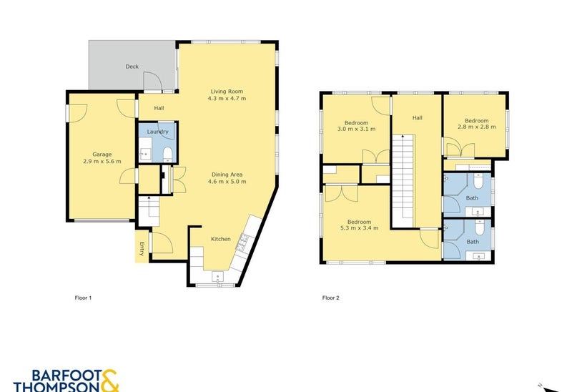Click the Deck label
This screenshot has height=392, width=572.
pyautogui.click(x=132, y=67)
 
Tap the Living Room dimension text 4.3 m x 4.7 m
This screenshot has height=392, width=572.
pyautogui.click(x=227, y=98)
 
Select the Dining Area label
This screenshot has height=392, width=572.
pyautogui.click(x=227, y=175)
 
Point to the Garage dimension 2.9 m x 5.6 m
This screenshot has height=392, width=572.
pyautogui.click(x=102, y=161)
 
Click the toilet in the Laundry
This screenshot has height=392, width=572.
pyautogui.click(x=167, y=154)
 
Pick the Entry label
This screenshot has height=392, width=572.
pyautogui.click(x=142, y=249)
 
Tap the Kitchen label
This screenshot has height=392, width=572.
pyautogui.click(x=221, y=239)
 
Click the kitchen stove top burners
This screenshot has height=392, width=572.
pyautogui.click(x=242, y=242)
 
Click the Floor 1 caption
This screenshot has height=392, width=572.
pyautogui.click(x=83, y=298)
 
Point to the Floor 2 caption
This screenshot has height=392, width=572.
pyautogui.click(x=331, y=298)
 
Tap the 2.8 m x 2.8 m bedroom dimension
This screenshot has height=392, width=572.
pyautogui.click(x=477, y=127)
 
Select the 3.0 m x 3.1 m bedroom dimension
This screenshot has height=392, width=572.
pyautogui.click(x=356, y=129)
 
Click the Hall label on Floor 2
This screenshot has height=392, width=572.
pyautogui.click(x=418, y=117)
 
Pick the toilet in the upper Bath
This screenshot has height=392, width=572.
pyautogui.click(x=478, y=180)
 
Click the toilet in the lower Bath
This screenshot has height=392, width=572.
pyautogui.click(x=479, y=227)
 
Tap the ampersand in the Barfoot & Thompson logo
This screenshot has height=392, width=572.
pyautogui.click(x=109, y=381)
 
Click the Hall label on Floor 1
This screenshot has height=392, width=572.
pyautogui.click(x=159, y=108)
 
